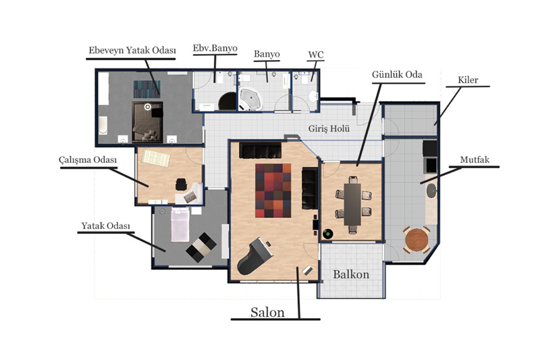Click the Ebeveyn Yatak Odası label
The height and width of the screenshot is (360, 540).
(132, 50)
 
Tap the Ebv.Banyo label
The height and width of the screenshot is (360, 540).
(215, 48)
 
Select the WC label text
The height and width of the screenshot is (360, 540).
(316, 55)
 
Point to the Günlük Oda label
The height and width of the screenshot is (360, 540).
(397, 75)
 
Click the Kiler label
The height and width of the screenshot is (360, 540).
(468, 80)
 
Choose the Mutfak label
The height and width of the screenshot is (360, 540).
(475, 160)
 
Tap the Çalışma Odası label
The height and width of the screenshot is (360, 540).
(88, 160)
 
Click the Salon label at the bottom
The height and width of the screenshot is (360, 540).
(267, 312)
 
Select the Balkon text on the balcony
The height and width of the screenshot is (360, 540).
(351, 275)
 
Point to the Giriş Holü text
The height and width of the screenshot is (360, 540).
(329, 129)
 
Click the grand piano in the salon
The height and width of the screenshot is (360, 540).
(255, 256)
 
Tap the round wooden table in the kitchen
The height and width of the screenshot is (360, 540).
(416, 240)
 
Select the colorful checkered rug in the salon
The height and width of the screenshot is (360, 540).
(273, 190)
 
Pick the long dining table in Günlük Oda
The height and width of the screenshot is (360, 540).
(352, 204)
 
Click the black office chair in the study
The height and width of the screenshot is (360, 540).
(181, 184)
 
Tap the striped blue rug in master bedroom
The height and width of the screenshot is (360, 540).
(146, 89)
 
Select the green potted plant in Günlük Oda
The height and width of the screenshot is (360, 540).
(328, 234)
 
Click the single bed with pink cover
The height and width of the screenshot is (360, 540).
(180, 224)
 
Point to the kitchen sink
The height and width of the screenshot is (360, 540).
(431, 190)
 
